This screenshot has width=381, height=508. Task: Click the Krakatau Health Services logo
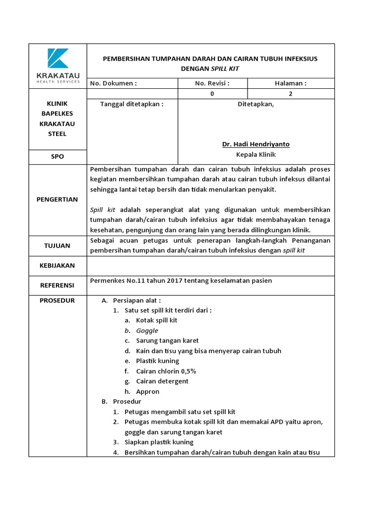(58, 65)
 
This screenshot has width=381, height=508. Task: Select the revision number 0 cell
(212, 94)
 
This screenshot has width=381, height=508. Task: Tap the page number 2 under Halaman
(291, 94)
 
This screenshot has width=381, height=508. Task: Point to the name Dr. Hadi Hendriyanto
(255, 144)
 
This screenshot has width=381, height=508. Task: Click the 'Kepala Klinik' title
(255, 154)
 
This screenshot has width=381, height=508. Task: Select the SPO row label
(58, 156)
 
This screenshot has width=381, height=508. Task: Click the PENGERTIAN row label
(58, 199)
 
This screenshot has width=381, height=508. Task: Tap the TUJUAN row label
(58, 246)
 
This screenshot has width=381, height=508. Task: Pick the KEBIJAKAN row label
(58, 265)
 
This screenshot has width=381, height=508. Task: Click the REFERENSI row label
(58, 285)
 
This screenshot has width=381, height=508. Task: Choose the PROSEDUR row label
(58, 301)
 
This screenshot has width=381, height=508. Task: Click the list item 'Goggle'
(147, 330)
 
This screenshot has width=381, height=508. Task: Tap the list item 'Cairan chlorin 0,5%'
(164, 371)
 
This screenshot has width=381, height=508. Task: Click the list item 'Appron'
(147, 391)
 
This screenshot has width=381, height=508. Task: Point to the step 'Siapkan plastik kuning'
(159, 442)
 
